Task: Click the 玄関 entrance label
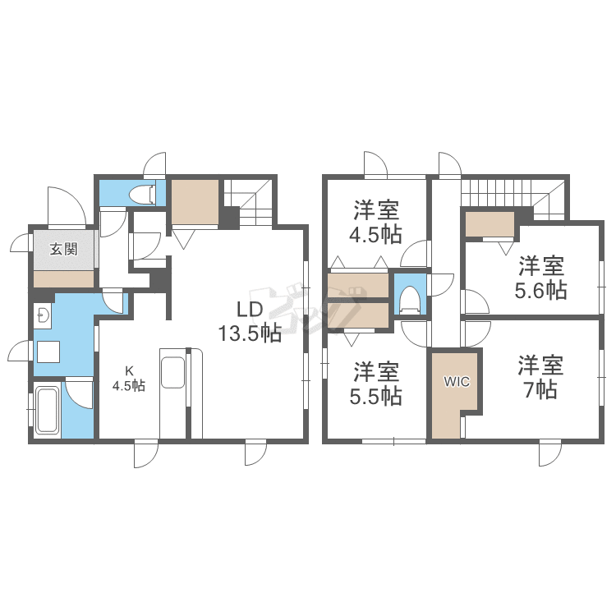coord(63,249)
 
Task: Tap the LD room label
coord(250,310)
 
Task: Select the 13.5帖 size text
coord(250,333)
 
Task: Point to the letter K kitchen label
coord(129,370)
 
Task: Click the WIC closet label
coord(456,381)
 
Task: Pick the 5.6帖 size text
coord(541,290)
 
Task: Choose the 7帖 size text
coord(541,390)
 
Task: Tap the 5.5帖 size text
coord(376,396)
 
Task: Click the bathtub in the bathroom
coord(47,410)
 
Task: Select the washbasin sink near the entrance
coord(43,315)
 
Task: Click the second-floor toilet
coord(410,300)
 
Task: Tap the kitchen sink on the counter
coord(172,372)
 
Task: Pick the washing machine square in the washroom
coord(48,352)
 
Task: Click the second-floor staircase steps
coord(498,192)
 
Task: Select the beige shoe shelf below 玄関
coord(63,278)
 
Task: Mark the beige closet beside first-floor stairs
coord(195,202)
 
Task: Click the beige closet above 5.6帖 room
coord(490,224)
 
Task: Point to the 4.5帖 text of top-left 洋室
coord(376,235)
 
